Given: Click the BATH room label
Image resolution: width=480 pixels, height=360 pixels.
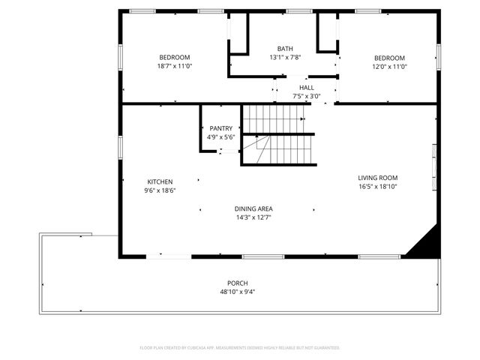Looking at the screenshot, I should tap(285, 49).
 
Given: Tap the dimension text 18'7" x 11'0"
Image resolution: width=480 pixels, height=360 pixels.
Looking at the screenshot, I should tap(175, 67).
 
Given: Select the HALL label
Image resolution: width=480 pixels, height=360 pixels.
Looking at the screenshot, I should tap(306, 88).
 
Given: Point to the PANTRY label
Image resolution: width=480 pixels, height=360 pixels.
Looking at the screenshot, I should tap(221, 128).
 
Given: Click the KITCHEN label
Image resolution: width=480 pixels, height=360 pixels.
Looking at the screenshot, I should tap(160, 182).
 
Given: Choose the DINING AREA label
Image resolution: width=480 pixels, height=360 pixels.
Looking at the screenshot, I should tap(253, 209).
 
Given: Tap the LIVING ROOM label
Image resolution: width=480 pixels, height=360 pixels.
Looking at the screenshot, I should tap(376, 178).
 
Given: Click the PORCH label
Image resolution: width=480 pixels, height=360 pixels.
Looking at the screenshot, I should tap(238, 283).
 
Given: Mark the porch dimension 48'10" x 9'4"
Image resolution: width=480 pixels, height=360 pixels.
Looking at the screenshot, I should tap(238, 292).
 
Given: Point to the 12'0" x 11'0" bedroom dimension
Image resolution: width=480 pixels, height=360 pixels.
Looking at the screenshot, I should tap(390, 67).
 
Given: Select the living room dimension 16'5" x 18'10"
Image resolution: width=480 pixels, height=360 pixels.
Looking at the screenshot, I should tap(376, 187).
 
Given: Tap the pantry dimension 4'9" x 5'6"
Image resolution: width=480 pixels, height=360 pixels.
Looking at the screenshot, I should tap(221, 137).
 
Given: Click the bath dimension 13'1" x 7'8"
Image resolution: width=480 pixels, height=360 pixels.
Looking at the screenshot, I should tap(285, 58).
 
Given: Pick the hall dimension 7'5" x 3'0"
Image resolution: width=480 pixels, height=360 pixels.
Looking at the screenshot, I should tap(306, 97).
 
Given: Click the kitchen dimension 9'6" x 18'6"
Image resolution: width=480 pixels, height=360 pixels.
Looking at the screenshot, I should tap(160, 191).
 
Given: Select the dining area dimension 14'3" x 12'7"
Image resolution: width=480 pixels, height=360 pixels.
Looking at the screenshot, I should tap(253, 218).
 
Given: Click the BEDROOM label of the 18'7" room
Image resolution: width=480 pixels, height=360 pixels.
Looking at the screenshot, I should tap(175, 58).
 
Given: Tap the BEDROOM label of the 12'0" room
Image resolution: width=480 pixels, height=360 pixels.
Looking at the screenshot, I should tap(390, 58).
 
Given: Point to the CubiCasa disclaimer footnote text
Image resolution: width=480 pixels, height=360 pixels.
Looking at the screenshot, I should tap(240, 348).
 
